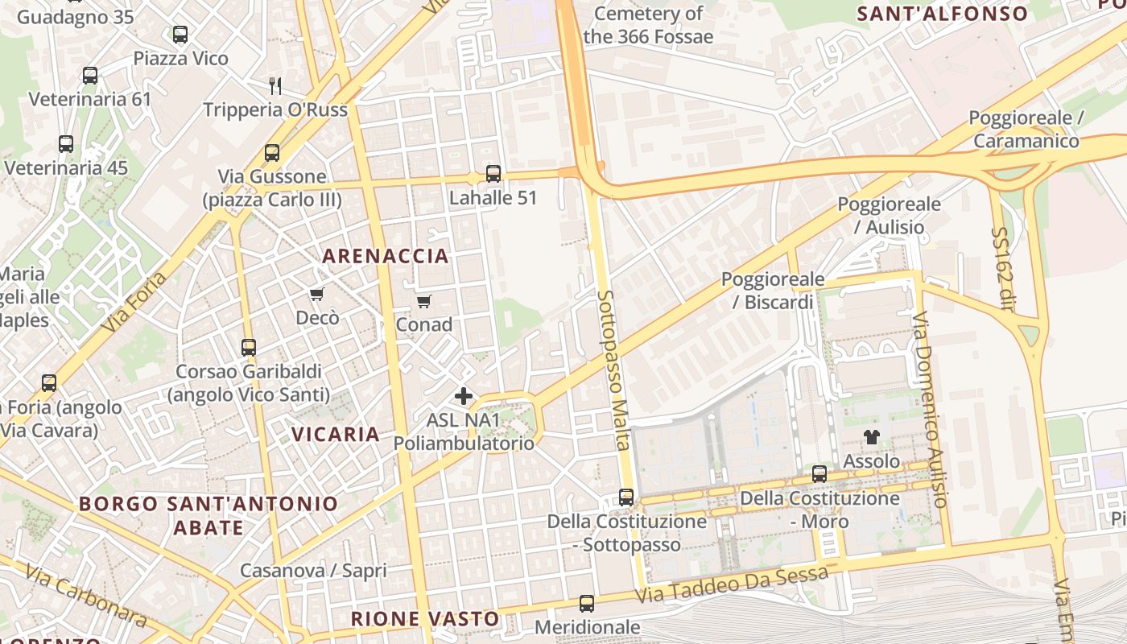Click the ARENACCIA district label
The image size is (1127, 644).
coord(386,256)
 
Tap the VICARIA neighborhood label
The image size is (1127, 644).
coord(335,435)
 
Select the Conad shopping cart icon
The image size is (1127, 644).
coord(423,302)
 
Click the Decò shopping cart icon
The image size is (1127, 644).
coord(317,295)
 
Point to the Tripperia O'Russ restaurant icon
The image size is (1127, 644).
coord(275,85)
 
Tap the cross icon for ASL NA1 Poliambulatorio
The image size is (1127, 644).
coord(464,396)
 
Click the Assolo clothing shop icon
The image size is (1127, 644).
coord(871,438)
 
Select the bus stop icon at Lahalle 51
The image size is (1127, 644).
coord(493,174)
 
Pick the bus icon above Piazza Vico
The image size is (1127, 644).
coord(180,35)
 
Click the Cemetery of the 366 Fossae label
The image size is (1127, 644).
coord(648,25)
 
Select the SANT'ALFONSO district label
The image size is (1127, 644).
coord(942,14)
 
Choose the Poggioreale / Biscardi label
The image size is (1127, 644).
coord(773,291)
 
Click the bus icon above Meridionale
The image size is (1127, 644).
coord(587,604)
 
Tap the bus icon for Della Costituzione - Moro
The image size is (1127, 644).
coord(819,474)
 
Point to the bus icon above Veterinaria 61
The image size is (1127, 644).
coord(90,76)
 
